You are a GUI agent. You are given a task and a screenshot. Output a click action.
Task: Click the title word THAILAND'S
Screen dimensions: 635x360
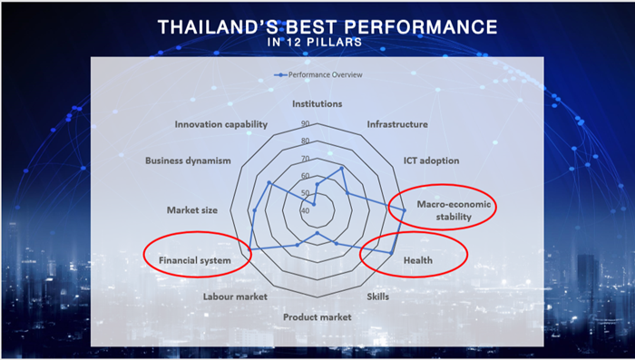click(x=217, y=27)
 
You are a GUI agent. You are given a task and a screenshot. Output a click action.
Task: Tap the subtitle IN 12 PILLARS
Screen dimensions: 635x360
click(x=315, y=42)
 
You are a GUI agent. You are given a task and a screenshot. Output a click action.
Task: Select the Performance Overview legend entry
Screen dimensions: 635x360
click(x=318, y=75)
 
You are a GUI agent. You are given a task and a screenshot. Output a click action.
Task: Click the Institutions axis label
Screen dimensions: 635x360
click(x=317, y=104)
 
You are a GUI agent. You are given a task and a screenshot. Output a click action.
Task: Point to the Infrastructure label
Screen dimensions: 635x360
click(x=397, y=124)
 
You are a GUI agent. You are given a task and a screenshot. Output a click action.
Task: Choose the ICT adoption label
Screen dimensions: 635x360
click(x=431, y=161)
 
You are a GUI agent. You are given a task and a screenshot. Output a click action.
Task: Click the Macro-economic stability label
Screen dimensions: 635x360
click(x=454, y=210)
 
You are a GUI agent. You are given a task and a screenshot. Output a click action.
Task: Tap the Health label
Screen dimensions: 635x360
click(x=418, y=260)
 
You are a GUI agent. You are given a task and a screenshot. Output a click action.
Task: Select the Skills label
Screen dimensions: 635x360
click(x=378, y=297)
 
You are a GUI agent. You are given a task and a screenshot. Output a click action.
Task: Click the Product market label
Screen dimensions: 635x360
click(x=317, y=317)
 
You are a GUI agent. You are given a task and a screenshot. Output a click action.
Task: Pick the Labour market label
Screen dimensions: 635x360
click(x=235, y=297)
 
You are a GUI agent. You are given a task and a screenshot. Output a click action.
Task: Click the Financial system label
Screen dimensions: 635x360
click(x=195, y=260)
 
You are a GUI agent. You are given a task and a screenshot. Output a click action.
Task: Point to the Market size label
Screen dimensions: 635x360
click(x=192, y=210)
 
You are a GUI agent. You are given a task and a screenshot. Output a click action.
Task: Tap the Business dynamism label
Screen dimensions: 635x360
click(x=188, y=161)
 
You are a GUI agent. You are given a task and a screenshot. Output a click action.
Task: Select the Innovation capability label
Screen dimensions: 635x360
click(x=221, y=124)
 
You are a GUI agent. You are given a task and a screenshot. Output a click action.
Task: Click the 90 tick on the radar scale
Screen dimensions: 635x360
click(x=306, y=124)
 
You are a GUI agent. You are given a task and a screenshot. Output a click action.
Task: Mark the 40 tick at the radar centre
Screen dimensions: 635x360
click(x=306, y=211)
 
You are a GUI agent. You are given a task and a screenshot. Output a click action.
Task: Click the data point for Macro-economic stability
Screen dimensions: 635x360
click(x=404, y=210)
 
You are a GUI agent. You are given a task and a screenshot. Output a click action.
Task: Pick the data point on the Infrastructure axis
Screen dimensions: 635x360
click(x=341, y=168)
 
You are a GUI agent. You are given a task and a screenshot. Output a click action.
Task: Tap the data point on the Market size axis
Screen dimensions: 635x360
click(x=255, y=210)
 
